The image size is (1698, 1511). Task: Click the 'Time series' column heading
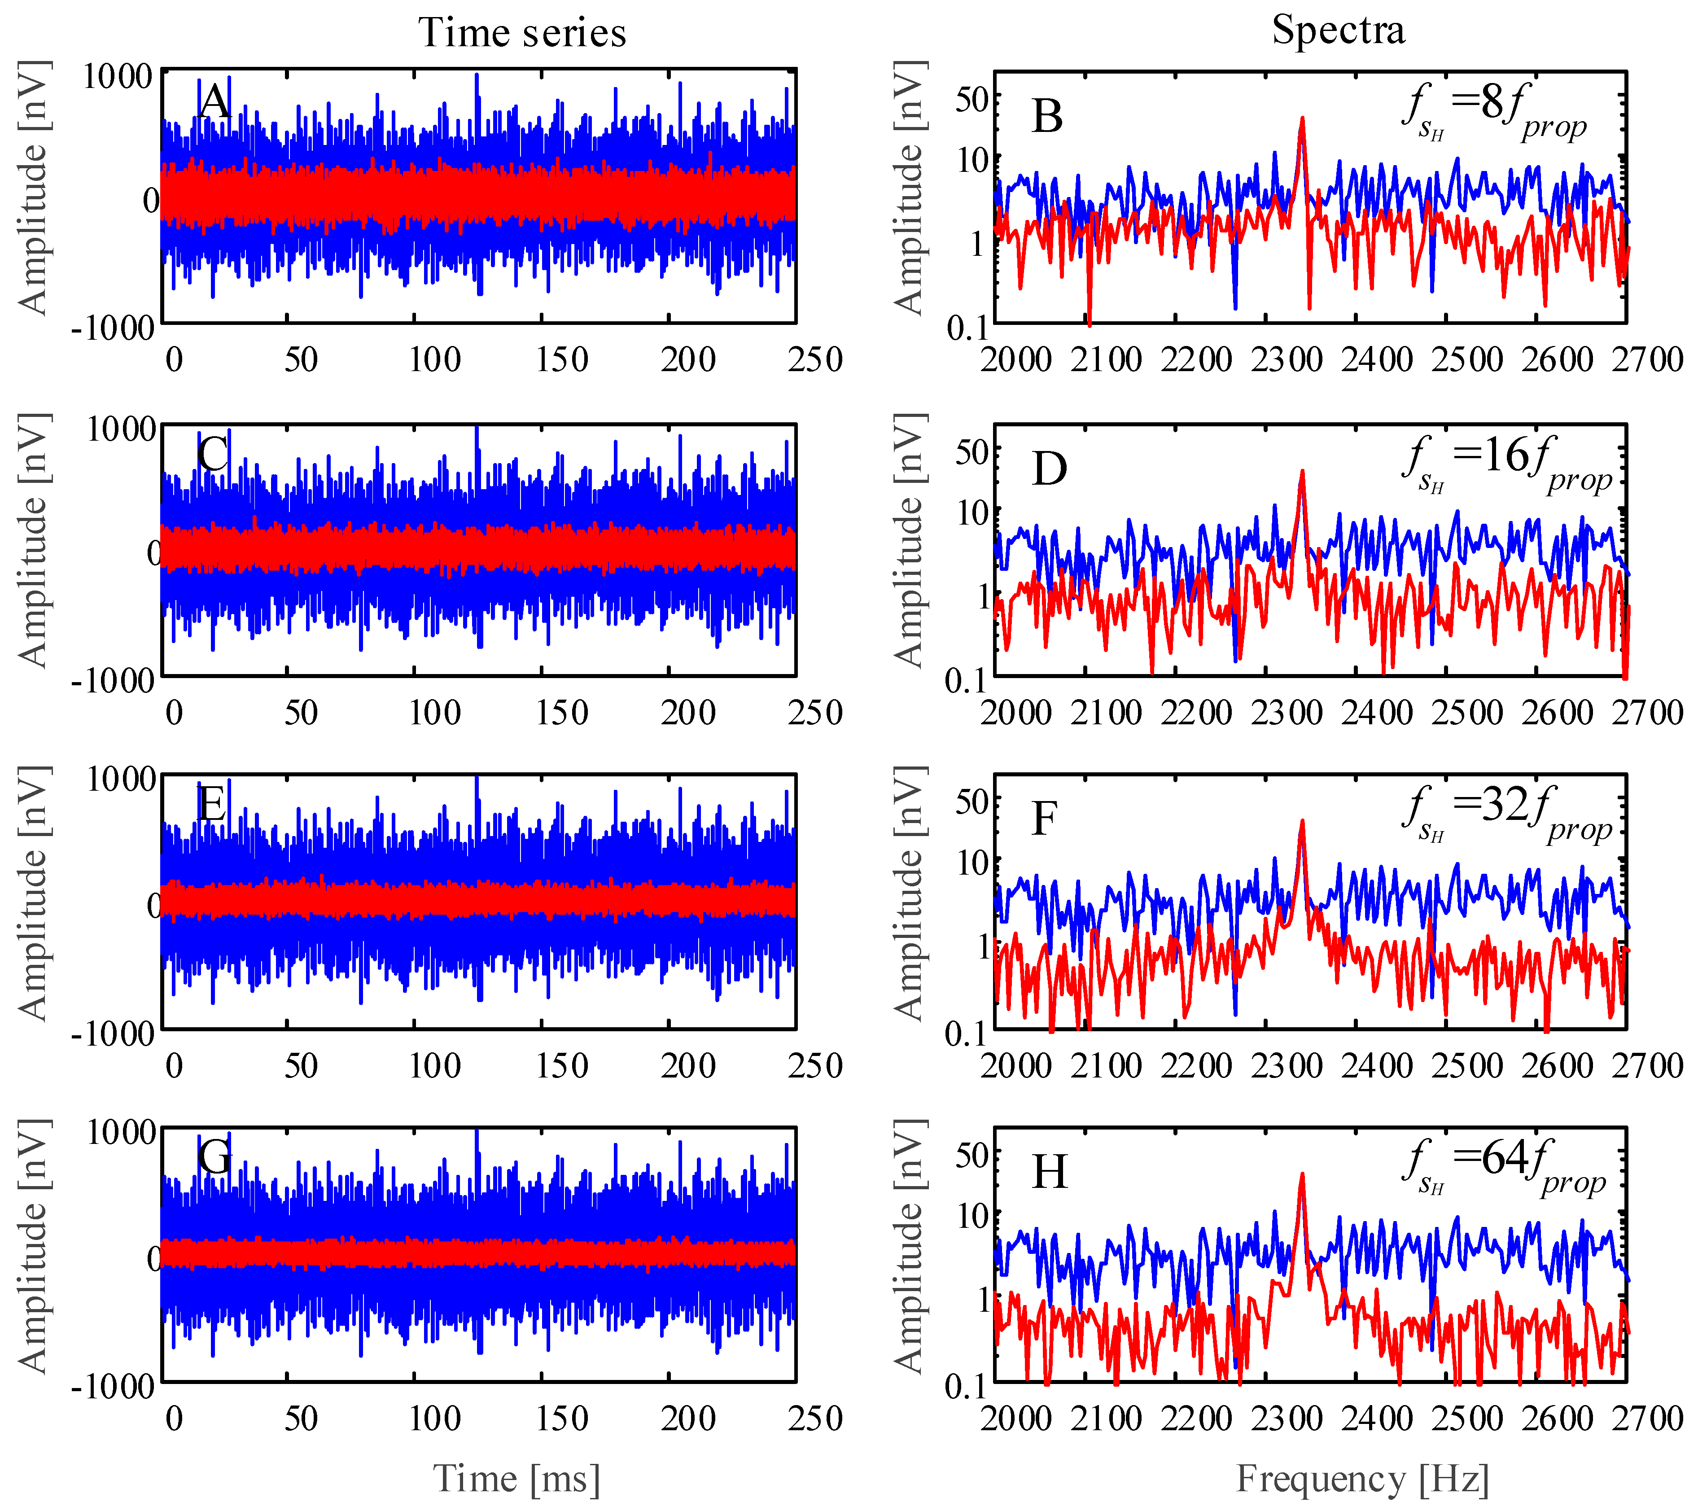click(x=522, y=33)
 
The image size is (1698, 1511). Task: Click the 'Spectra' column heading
click(x=1338, y=30)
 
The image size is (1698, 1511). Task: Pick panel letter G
click(x=215, y=1156)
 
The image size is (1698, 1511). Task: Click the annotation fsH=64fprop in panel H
click(x=1504, y=1167)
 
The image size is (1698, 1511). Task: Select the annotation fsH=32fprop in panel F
click(x=1505, y=814)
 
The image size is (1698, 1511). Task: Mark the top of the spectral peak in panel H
click(x=1302, y=1174)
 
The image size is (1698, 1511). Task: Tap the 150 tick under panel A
click(x=561, y=359)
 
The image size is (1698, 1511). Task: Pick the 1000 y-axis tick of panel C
click(x=121, y=429)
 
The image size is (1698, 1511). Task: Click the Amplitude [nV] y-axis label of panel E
click(x=33, y=893)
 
